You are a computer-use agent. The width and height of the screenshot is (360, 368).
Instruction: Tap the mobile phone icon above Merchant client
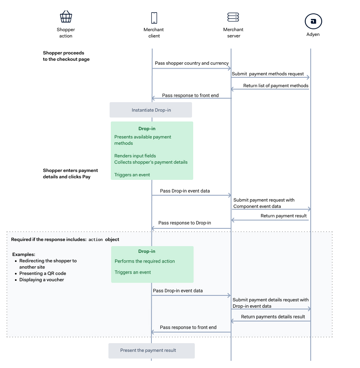point(154,18)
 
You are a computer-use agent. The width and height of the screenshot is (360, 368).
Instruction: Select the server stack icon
point(233,17)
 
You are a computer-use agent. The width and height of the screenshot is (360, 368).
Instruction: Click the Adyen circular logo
point(313,21)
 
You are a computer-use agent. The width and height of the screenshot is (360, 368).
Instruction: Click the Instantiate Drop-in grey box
point(151,110)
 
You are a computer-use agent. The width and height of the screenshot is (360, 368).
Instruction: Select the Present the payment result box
point(151,350)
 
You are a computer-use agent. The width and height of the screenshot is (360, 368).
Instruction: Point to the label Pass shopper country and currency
point(192,63)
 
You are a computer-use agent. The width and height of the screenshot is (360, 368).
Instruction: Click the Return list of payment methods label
point(276,86)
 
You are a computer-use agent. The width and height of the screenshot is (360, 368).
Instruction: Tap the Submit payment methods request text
point(268,74)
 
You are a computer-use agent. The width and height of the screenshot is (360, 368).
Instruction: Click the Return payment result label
point(284,216)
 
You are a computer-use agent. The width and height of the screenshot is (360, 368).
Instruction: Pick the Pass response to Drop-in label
point(185,223)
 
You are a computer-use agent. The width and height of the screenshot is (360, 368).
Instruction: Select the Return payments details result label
point(273,316)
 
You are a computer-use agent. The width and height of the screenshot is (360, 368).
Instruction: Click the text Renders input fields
point(135,156)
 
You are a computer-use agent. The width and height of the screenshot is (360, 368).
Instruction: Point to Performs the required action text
point(145,261)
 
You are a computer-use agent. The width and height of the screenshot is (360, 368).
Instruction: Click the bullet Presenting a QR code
point(43,273)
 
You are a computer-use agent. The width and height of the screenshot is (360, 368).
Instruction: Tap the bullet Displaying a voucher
point(41,280)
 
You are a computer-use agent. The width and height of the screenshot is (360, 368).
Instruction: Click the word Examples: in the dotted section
point(24,254)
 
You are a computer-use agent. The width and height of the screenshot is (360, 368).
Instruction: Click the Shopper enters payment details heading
point(70,174)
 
